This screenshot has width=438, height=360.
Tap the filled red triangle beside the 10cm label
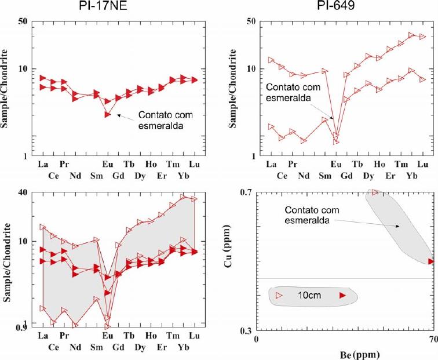pos(342,296)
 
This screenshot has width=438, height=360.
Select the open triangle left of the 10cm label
pos(279,296)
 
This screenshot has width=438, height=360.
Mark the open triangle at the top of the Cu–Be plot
pos(375,192)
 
